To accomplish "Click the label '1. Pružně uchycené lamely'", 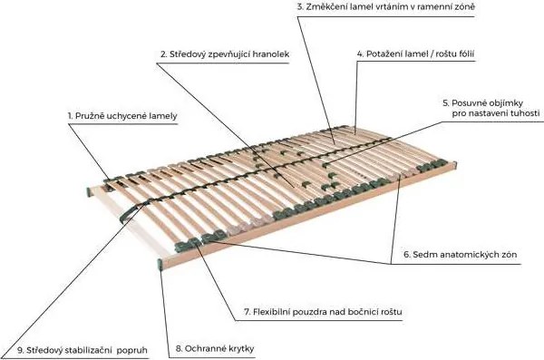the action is [122, 116].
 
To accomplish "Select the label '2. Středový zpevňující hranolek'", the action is [225, 54].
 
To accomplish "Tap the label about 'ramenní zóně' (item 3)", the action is [386, 6].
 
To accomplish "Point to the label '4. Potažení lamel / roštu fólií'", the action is [415, 54].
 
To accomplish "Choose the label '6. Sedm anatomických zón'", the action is [460, 255].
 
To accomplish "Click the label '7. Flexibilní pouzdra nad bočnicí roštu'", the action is [323, 312].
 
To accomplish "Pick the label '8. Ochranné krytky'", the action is [215, 348].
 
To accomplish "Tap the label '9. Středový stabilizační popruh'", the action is [83, 350].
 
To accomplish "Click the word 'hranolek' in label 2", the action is [271, 54].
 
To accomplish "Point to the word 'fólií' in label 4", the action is [465, 54].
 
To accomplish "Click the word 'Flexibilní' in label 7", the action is [272, 312].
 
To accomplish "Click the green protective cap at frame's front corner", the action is [160, 265].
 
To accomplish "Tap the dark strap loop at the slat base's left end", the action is [131, 212].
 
